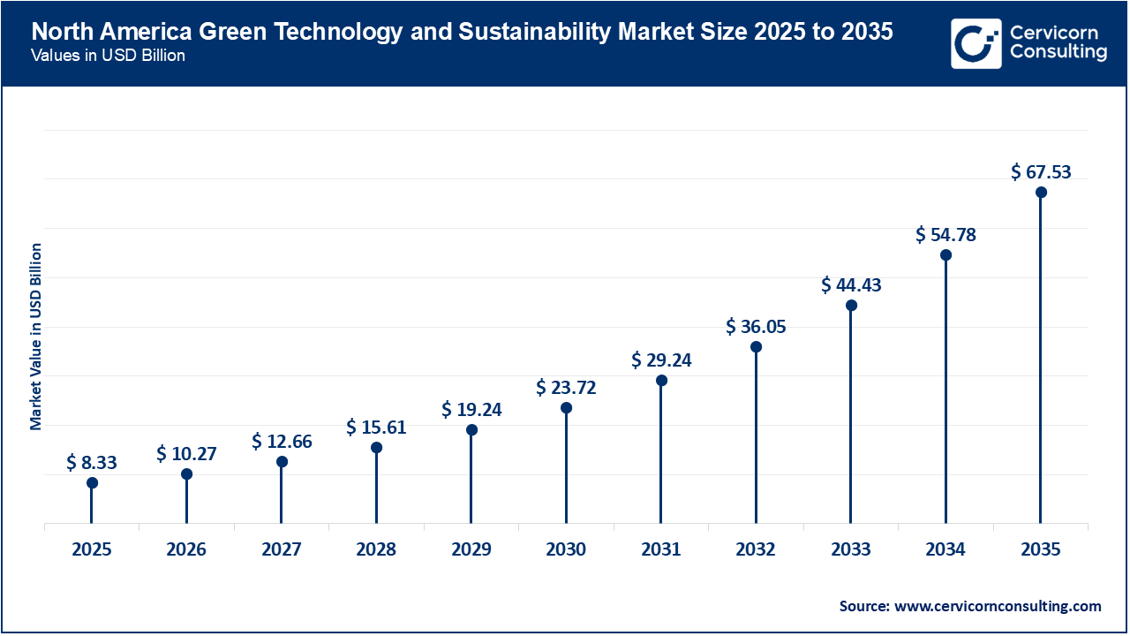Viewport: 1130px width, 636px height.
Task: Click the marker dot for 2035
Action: pos(1041,193)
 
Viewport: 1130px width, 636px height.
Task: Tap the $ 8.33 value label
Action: pos(92,462)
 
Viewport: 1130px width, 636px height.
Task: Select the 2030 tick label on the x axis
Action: pos(566,549)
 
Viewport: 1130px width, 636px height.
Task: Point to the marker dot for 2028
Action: pos(376,448)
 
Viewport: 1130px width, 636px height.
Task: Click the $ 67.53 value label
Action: pos(1041,171)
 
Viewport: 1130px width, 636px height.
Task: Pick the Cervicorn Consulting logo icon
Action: pos(976,43)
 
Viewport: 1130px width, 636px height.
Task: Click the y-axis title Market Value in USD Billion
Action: pos(36,336)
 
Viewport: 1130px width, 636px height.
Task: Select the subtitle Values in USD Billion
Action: pos(109,56)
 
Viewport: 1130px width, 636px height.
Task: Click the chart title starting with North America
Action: pos(462,33)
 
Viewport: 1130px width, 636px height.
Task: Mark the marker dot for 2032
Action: pos(756,347)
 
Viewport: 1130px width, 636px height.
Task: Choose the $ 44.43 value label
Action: pos(851,284)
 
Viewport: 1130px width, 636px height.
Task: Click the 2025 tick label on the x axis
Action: pos(92,549)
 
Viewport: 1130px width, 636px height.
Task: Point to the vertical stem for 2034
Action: pos(945,389)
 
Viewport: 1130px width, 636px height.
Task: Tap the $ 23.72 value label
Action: pos(566,387)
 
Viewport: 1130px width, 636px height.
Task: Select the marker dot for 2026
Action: pos(186,474)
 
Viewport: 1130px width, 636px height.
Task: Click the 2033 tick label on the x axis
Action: pos(851,549)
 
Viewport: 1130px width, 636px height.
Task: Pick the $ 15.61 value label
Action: pos(376,428)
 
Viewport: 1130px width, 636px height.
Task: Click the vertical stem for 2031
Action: pos(661,450)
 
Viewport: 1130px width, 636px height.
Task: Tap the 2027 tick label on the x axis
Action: pos(282,549)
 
